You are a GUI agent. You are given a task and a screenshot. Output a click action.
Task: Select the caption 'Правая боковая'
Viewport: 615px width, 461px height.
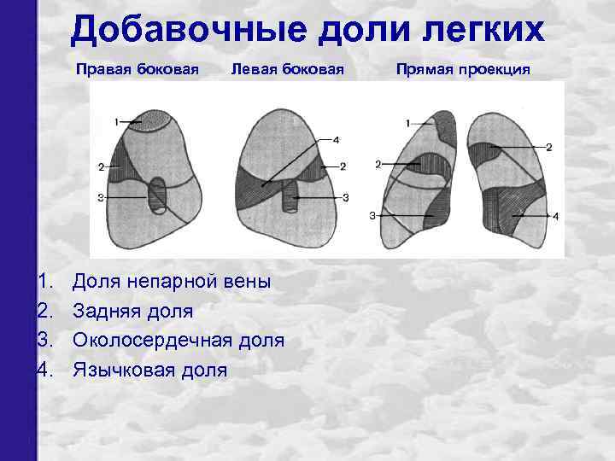coord(137,69)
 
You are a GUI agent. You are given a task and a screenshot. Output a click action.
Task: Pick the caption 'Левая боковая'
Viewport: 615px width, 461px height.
coord(287,69)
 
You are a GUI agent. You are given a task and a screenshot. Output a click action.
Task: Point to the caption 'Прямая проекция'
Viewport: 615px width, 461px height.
coord(463,69)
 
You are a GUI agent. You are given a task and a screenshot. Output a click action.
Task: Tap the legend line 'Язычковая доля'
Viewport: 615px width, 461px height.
coord(150,370)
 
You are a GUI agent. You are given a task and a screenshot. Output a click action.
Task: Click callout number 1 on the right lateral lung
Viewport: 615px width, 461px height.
coord(116,123)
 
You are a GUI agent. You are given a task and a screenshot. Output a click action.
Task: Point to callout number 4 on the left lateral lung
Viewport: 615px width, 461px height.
coord(337,139)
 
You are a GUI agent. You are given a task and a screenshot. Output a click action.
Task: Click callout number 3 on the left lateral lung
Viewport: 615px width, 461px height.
coord(346,197)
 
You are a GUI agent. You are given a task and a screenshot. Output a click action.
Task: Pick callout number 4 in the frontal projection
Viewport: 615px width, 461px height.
coord(555,217)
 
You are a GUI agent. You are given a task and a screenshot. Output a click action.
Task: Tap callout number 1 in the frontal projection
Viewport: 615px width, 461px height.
coord(408,123)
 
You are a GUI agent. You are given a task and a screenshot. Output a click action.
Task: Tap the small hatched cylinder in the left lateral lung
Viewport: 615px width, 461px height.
coord(291,198)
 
